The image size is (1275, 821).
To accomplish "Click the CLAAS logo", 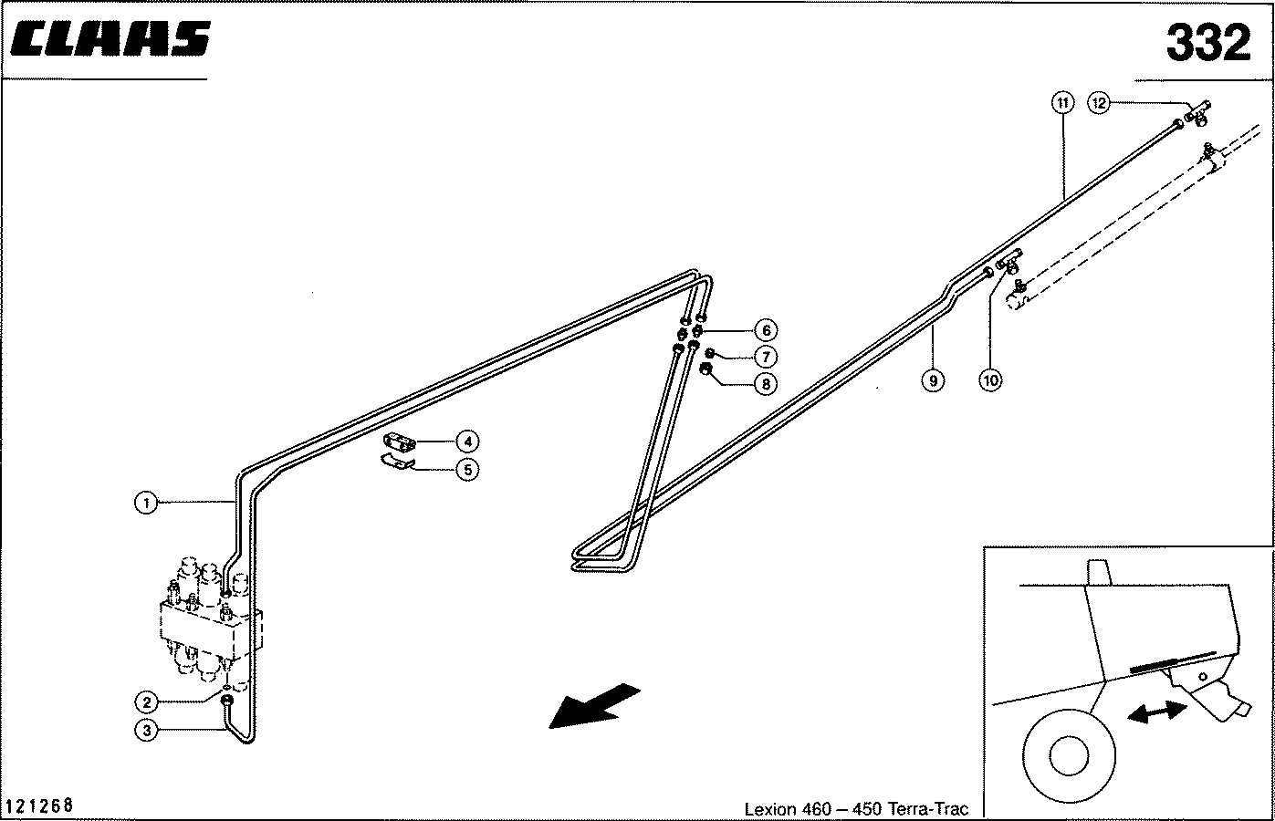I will pyautogui.click(x=111, y=39).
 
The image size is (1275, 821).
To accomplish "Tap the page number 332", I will pyautogui.click(x=1207, y=42).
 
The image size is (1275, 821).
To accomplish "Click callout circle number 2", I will pyautogui.click(x=145, y=701).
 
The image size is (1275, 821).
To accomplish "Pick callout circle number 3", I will pyautogui.click(x=145, y=729).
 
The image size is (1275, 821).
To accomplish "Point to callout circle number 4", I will pyautogui.click(x=466, y=442).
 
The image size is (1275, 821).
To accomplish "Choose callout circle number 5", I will pyautogui.click(x=466, y=470).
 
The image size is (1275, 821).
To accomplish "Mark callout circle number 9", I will pyautogui.click(x=932, y=379).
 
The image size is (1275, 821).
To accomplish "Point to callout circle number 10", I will pyautogui.click(x=990, y=379).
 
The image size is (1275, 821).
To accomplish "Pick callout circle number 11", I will pyautogui.click(x=1061, y=103).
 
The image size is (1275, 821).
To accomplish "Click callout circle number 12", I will pyautogui.click(x=1100, y=103).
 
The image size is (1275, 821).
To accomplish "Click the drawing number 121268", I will pyautogui.click(x=39, y=806).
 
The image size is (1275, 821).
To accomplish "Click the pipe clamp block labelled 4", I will pyautogui.click(x=400, y=442).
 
